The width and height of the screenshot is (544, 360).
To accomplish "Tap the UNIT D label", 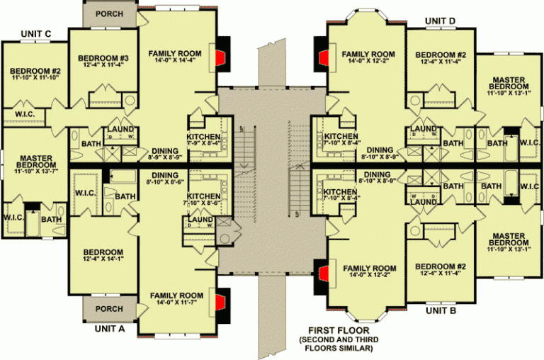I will [x=441, y=21].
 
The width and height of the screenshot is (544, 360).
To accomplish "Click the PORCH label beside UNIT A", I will [x=108, y=309].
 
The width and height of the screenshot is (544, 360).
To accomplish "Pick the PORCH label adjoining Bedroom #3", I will [x=108, y=13].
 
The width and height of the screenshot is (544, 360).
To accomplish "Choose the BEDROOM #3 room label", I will [x=103, y=58].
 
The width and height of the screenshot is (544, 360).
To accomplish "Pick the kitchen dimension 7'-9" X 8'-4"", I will [x=203, y=144].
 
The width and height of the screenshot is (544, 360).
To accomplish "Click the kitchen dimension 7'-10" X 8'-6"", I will [x=203, y=203].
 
